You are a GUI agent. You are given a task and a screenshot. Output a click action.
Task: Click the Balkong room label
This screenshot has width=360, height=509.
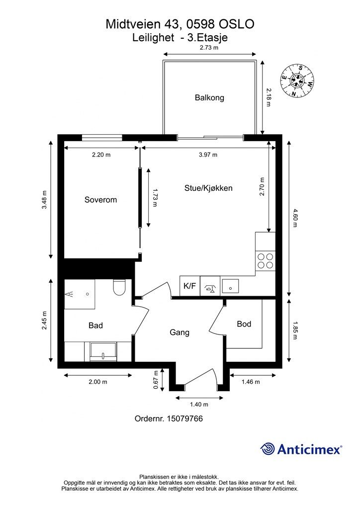click(209, 97)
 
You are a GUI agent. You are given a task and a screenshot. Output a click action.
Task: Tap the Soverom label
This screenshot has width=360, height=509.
click(100, 200)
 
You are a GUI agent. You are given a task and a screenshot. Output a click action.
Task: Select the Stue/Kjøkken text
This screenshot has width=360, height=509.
click(208, 188)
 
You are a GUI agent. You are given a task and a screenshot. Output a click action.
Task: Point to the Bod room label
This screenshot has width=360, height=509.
click(244, 324)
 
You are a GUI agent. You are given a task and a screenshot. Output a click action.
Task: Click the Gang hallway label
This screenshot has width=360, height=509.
click(180, 333)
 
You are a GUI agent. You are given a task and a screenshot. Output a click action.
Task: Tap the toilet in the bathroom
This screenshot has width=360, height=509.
click(118, 287)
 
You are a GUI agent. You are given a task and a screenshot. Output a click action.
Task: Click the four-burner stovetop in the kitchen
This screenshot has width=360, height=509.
click(265, 261)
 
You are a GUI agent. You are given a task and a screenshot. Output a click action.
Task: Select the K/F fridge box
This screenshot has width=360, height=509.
click(190, 286)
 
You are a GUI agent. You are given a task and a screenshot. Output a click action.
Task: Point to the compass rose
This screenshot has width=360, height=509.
click(297, 81)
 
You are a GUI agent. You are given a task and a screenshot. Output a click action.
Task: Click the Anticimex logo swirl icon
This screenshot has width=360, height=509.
click(267, 449)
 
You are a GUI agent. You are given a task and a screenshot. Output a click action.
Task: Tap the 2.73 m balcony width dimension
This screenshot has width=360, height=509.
click(209, 47)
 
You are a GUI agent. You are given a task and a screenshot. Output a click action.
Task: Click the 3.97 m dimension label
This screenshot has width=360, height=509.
click(208, 155)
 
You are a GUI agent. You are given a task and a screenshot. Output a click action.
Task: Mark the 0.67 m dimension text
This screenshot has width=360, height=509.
click(156, 380)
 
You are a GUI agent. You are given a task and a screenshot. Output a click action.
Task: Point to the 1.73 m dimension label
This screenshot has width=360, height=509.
click(155, 198)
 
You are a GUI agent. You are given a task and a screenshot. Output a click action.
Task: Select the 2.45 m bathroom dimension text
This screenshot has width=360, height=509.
click(44, 321)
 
